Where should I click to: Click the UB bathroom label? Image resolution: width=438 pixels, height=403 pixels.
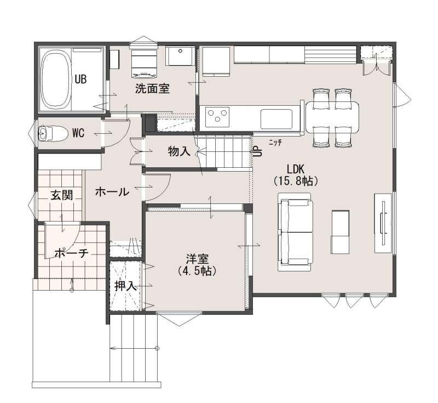tap(80, 80)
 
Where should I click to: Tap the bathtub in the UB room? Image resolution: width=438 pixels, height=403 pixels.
tap(55, 79)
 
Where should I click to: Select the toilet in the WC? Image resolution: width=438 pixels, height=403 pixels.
tap(53, 134)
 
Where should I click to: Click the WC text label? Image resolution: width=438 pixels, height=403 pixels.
tap(78, 133)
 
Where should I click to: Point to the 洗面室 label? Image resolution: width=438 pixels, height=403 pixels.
tap(152, 89)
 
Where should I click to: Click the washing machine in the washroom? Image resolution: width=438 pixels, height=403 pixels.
tap(144, 64)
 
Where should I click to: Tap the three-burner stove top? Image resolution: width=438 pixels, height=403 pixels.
tap(217, 116)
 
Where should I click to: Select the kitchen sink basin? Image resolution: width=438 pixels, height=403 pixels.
tap(276, 119)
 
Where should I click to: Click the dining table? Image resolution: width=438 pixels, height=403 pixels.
tap(332, 117)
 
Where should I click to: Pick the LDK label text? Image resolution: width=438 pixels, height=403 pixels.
tap(296, 169)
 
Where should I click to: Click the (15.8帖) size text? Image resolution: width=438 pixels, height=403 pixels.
tap(296, 181)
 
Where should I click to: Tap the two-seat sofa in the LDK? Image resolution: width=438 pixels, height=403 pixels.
tap(296, 232)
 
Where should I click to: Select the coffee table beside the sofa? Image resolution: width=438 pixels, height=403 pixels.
tap(340, 232)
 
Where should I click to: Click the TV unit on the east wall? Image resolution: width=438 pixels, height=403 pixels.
tap(383, 223)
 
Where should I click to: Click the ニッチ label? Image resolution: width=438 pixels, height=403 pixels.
tap(275, 143)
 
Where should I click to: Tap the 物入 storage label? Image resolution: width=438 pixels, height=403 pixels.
tap(179, 151)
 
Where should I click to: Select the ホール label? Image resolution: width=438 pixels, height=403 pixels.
tap(112, 192)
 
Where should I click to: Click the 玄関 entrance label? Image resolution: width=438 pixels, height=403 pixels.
tap(62, 195)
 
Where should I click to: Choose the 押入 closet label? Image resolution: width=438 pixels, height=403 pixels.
tap(125, 286)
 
